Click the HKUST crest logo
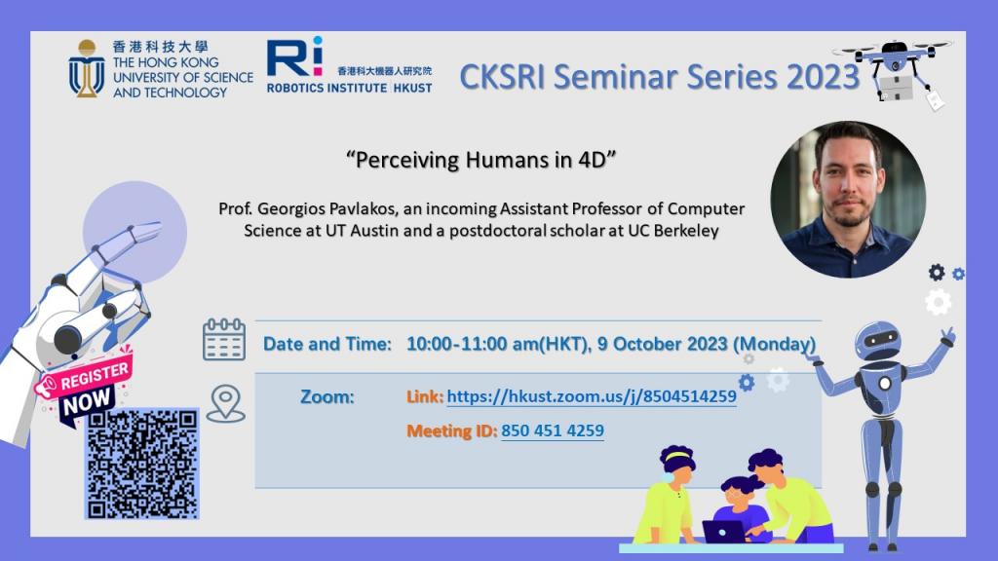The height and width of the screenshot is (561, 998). (87, 68)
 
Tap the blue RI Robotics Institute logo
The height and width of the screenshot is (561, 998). (294, 58)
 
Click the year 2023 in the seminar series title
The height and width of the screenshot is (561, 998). (814, 77)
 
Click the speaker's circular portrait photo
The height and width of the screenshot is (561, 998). (848, 199)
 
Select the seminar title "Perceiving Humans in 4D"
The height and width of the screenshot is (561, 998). (482, 161)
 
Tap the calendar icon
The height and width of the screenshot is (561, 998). (224, 339)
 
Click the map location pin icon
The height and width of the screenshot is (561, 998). (225, 403)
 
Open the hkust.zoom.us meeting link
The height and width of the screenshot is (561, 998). (591, 396)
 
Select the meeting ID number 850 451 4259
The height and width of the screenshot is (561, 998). (553, 430)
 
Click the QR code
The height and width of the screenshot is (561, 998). (142, 464)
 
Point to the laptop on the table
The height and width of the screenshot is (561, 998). (722, 532)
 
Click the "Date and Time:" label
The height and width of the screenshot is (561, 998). (327, 344)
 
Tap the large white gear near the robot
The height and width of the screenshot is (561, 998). (937, 303)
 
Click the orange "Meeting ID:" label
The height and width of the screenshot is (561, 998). (451, 430)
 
